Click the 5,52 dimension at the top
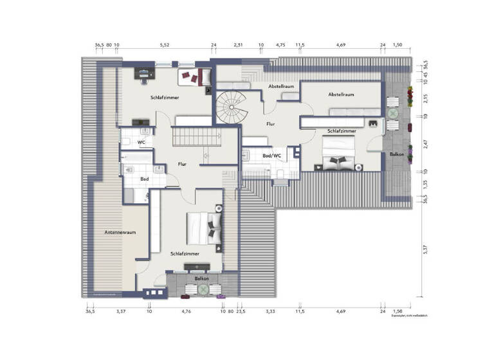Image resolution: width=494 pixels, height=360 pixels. tap(165, 45)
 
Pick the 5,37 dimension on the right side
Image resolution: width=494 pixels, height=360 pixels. tap(424, 251)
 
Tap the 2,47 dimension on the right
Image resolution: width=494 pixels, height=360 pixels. tap(424, 143)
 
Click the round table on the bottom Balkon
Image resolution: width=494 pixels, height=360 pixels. tap(203, 290)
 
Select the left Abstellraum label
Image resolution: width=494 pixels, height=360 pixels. tap(281, 85)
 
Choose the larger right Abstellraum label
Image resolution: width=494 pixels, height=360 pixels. tap(341, 94)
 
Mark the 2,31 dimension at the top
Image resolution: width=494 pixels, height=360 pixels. tap(238, 45)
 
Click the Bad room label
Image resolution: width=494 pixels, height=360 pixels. tap(145, 179)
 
